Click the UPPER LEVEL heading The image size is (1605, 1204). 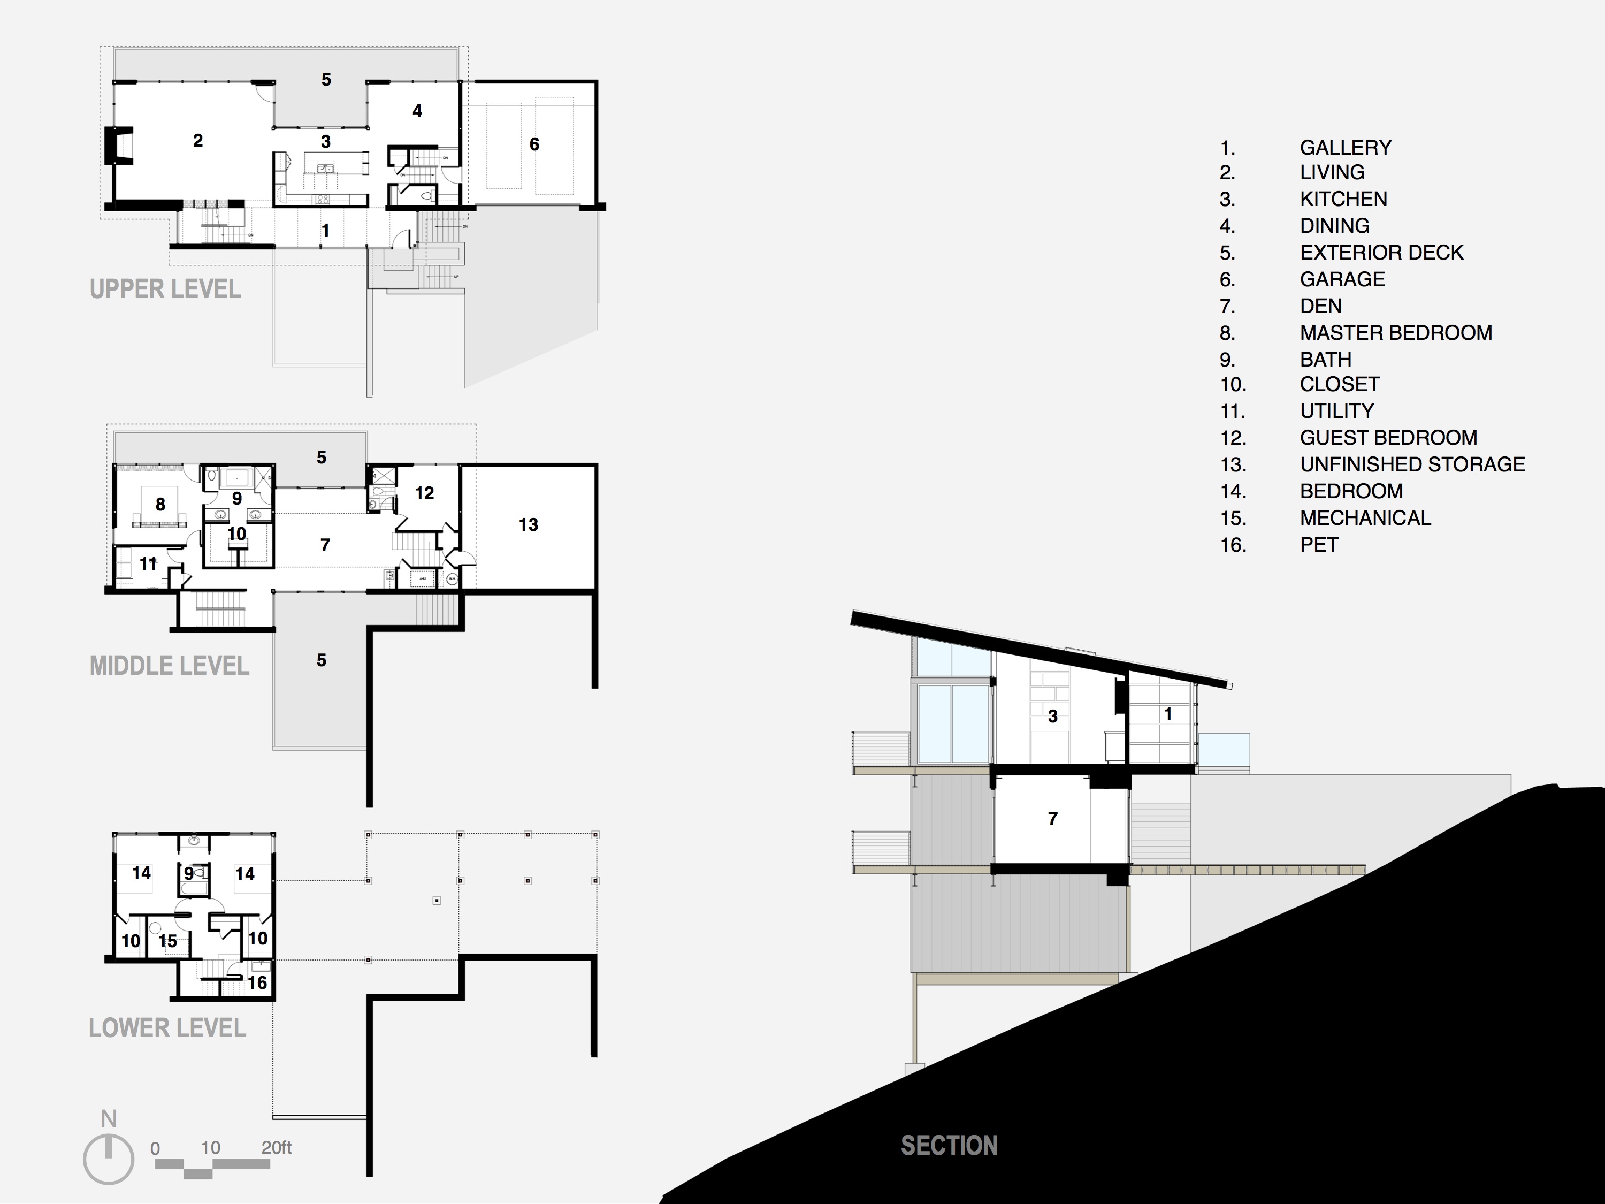(x=165, y=289)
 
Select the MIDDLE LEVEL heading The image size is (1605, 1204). (x=169, y=666)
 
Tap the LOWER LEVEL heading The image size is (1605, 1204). (x=167, y=1027)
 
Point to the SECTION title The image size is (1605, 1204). (x=949, y=1145)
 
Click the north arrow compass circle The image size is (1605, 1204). (x=109, y=1159)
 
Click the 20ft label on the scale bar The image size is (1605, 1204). (x=277, y=1147)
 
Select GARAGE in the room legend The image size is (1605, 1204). (x=1342, y=279)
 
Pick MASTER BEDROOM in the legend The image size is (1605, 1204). (x=1395, y=333)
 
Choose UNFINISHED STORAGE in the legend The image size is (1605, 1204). (x=1412, y=464)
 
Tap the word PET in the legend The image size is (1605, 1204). (x=1318, y=545)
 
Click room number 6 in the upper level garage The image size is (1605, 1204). (x=534, y=144)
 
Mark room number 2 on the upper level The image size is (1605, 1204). (x=197, y=141)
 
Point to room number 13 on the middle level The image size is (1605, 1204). (x=528, y=525)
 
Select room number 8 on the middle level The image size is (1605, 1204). (x=160, y=505)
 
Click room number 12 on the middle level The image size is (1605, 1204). (x=424, y=493)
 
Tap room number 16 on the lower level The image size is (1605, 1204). (x=257, y=982)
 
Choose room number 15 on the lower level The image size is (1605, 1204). (x=167, y=941)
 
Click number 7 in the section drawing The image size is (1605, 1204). (x=1053, y=819)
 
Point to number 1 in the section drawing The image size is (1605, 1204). (x=1167, y=714)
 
